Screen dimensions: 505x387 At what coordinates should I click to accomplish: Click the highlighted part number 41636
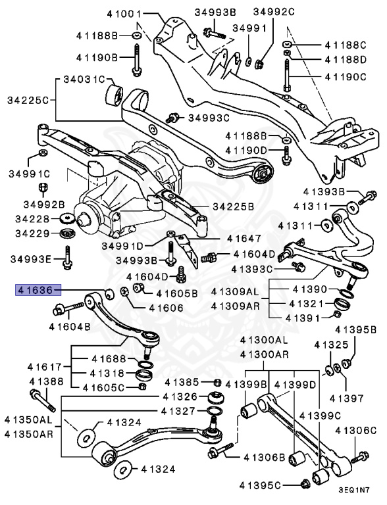(x=38, y=289)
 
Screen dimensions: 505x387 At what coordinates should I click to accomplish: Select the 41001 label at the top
(x=120, y=13)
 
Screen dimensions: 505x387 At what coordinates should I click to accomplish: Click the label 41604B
(x=70, y=325)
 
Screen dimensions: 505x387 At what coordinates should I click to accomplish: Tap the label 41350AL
(x=27, y=419)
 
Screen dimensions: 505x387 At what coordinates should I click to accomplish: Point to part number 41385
(x=182, y=382)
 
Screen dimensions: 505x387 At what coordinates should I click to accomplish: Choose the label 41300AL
(x=264, y=340)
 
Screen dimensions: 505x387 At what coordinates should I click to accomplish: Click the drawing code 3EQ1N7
(x=359, y=490)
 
